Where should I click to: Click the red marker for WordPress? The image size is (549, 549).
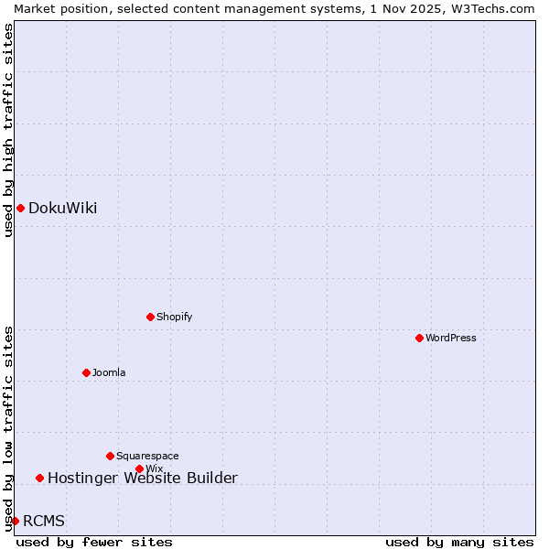tap(419, 338)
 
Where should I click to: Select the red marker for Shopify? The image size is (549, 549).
tap(150, 317)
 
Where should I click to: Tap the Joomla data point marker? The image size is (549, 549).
tap(86, 372)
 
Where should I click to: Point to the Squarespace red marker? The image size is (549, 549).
tap(110, 456)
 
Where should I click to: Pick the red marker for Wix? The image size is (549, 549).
tap(139, 468)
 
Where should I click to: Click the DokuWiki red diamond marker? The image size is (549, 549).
tap(20, 208)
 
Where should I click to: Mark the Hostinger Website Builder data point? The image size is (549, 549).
tap(39, 478)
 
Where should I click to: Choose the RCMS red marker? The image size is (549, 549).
tap(15, 521)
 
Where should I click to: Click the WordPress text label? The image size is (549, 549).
tap(451, 338)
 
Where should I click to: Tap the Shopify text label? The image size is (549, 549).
tap(174, 317)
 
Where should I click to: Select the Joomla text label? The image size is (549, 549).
tap(109, 372)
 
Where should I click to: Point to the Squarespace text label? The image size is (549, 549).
tap(147, 456)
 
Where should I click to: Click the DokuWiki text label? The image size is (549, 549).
tap(62, 208)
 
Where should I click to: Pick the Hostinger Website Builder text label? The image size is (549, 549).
tap(143, 478)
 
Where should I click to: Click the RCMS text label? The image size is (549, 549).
tap(44, 521)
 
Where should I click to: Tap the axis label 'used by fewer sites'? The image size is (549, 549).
tap(94, 542)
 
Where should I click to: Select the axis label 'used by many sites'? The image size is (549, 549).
tap(458, 542)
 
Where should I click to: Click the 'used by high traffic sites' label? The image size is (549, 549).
tap(8, 130)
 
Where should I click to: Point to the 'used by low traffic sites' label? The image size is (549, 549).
tap(8, 427)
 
